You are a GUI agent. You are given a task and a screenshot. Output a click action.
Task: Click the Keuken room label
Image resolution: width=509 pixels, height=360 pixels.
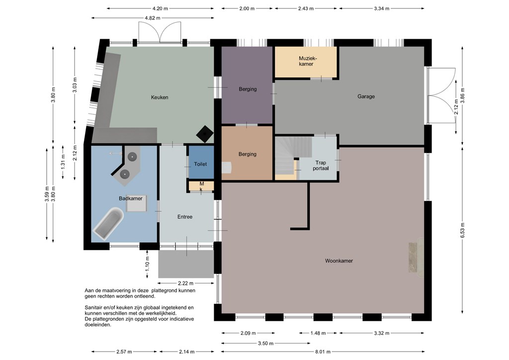pos(160,97)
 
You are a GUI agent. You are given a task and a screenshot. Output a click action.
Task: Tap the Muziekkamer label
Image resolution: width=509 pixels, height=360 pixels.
pos(306,61)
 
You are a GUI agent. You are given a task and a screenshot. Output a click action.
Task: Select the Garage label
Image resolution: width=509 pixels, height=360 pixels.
pos(366,96)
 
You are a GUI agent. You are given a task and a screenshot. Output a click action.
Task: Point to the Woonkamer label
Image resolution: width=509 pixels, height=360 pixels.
pos(339,261)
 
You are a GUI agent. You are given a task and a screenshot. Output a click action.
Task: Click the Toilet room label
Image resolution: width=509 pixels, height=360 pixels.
pos(200,164)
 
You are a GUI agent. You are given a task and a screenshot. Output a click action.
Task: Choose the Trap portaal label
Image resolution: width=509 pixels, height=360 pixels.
pos(321,166)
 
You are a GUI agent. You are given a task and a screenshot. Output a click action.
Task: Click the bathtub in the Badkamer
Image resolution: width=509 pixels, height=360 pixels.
pos(108,223)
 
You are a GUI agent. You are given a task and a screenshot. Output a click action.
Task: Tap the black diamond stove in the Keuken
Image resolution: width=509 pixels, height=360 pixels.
pos(205,134)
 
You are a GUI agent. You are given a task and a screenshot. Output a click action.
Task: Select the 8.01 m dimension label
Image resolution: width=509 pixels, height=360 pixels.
pos(323,352)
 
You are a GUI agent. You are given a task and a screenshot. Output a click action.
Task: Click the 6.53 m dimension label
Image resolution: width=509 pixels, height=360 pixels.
pos(462,230)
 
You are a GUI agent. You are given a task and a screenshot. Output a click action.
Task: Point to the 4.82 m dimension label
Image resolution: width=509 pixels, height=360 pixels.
pos(152,18)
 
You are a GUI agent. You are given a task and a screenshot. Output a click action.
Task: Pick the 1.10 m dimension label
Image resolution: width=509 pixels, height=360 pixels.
pos(147,264)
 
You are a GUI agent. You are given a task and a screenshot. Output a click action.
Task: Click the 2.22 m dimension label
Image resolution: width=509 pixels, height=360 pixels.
pos(185,283)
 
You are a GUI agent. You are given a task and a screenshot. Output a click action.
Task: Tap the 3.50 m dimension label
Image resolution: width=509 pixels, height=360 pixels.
pos(265,343)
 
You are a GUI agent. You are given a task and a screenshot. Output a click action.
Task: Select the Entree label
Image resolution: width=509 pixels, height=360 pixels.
pos(185,216)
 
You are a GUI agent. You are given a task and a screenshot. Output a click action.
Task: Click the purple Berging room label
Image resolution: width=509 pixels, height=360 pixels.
pos(248,89)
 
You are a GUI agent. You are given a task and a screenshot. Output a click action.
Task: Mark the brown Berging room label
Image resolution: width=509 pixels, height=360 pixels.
pos(248,154)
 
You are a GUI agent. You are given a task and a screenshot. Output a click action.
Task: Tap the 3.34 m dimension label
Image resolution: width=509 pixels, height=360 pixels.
pos(381,8)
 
